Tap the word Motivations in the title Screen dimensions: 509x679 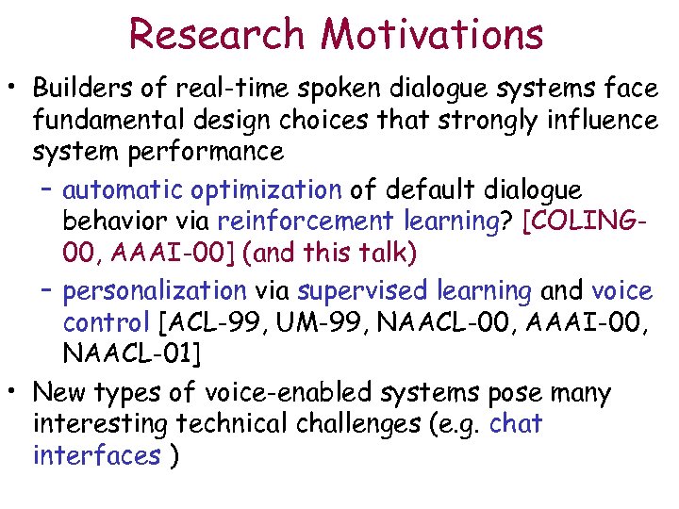point(432,34)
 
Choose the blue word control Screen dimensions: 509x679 point(106,323)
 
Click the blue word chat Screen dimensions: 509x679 point(516,424)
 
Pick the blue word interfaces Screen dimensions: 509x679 point(96,456)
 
